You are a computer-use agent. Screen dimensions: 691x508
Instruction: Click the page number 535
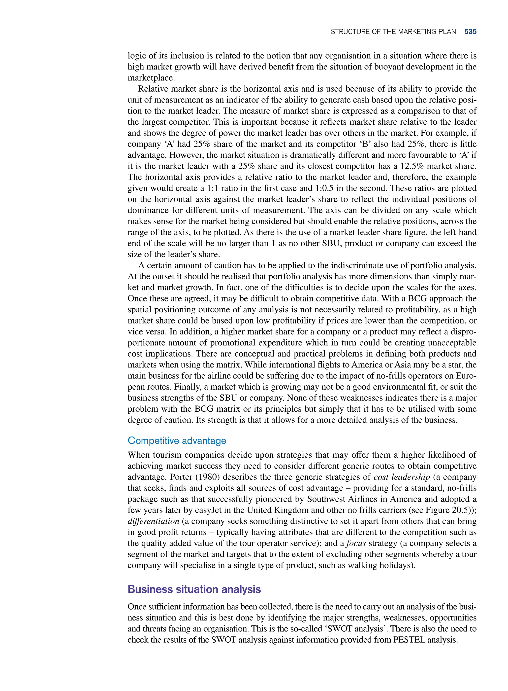click(470, 32)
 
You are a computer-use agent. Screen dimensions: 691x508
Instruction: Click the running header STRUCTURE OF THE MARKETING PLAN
click(393, 32)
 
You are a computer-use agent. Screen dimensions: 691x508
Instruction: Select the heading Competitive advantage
click(177, 440)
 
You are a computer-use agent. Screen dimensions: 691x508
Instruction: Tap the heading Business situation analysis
click(194, 589)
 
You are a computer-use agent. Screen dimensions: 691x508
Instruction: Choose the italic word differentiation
click(153, 521)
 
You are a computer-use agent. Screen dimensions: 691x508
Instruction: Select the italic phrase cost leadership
click(401, 477)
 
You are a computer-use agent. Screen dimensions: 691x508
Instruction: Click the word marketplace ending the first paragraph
click(151, 78)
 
